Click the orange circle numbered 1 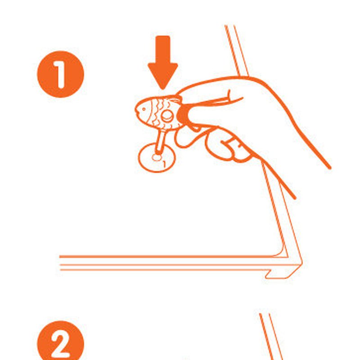pyautogui.click(x=61, y=74)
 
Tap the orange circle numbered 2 pyautogui.click(x=61, y=341)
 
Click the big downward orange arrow pyautogui.click(x=163, y=63)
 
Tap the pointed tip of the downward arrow pyautogui.click(x=163, y=89)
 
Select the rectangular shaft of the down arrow pyautogui.click(x=163, y=49)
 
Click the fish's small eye pyautogui.click(x=144, y=109)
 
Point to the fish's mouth pyautogui.click(x=136, y=111)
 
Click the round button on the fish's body pyautogui.click(x=167, y=116)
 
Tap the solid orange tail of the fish pyautogui.click(x=183, y=115)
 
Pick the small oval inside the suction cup pyautogui.click(x=157, y=158)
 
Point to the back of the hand pyautogui.click(x=275, y=103)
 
